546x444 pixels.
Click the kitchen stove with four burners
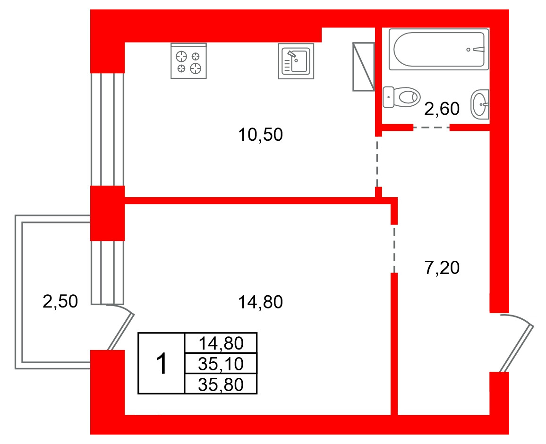188,61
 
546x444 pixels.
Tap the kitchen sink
296,61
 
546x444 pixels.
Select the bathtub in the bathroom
439,50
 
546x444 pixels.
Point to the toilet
401,97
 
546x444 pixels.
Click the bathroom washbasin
480,104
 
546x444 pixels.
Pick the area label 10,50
260,135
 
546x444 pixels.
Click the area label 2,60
442,109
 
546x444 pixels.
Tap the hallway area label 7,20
442,268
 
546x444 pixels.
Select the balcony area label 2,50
60,301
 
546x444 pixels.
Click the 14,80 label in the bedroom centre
260,302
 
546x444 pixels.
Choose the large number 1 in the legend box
162,364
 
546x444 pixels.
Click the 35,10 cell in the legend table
221,364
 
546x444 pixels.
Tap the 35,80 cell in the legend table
221,384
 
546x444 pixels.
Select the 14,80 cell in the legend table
221,343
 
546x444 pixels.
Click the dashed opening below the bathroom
431,128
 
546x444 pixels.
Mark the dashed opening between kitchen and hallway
377,162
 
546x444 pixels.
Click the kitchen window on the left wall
107,129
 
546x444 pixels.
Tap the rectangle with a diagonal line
364,67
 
